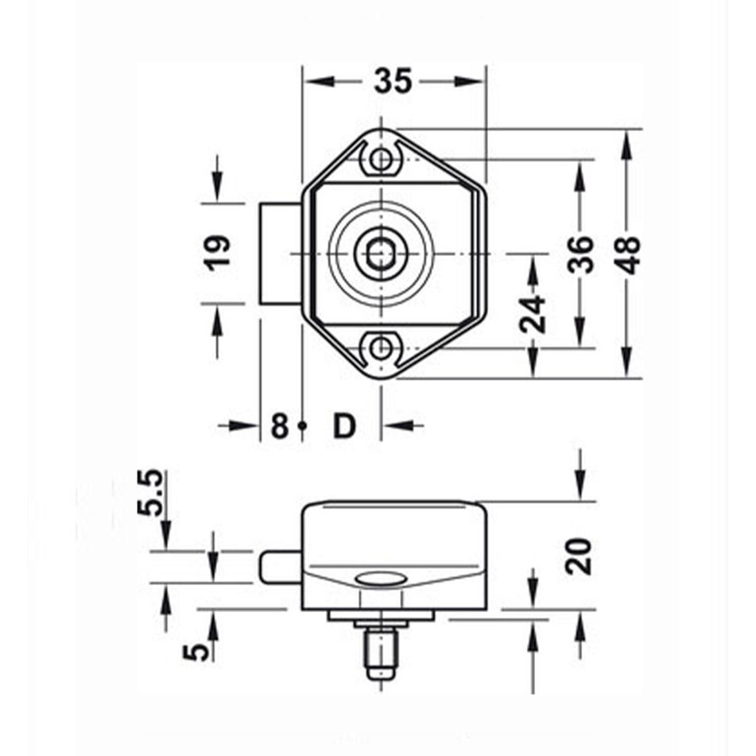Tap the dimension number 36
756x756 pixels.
583,254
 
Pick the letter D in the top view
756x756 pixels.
343,426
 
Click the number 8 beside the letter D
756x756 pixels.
278,426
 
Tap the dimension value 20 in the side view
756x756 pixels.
581,556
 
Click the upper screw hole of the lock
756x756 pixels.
382,159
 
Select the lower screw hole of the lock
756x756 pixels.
382,347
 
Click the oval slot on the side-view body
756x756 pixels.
379,578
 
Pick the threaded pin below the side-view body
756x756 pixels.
382,650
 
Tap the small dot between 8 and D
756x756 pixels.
302,426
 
